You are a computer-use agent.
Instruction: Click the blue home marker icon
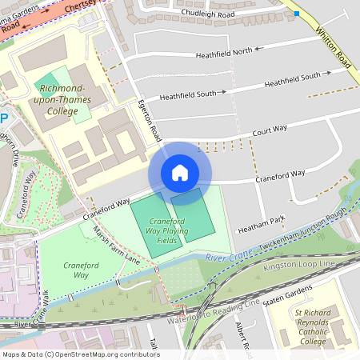click(180, 173)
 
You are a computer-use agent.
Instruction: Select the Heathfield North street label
click(224, 52)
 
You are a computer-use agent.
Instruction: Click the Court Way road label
click(270, 130)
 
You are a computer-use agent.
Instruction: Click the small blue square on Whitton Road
click(297, 14)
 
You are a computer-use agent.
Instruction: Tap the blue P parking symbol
click(3, 118)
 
